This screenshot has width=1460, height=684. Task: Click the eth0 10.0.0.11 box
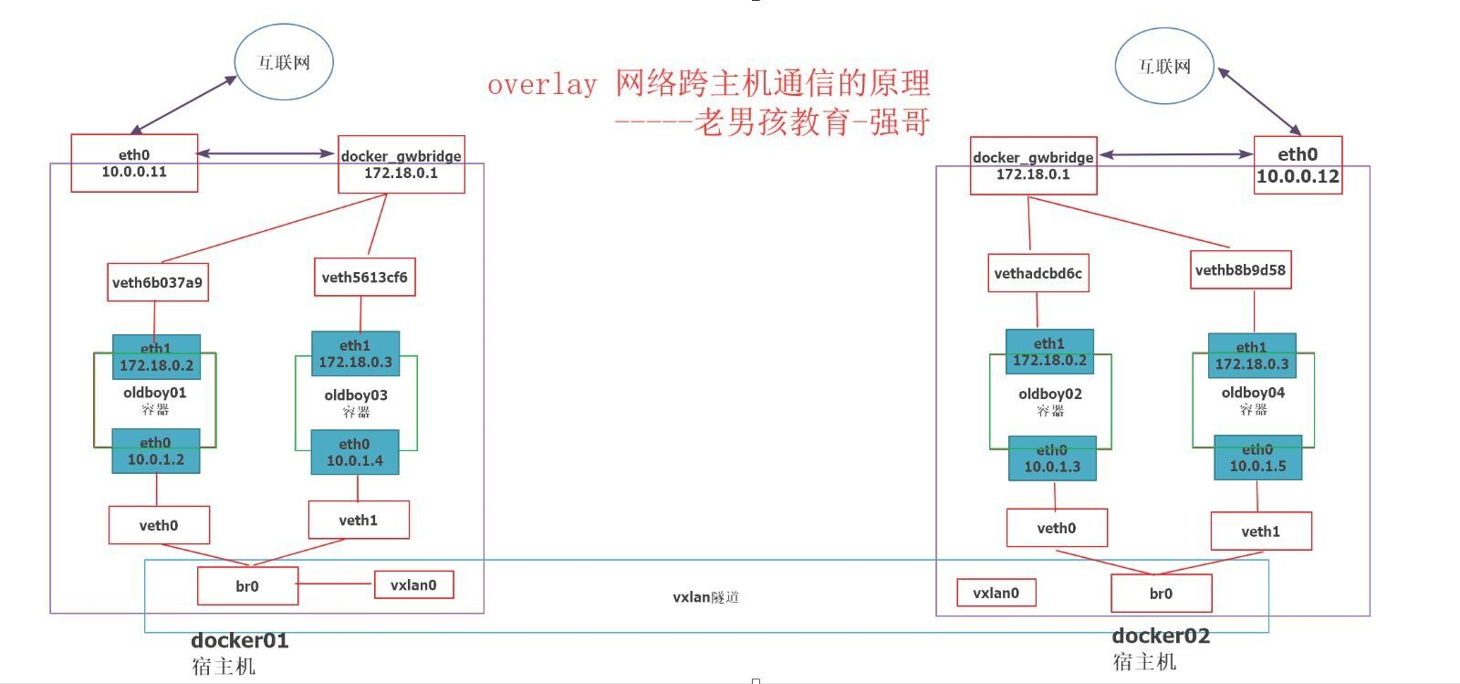(x=134, y=163)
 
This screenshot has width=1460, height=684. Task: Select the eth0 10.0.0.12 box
(x=1298, y=165)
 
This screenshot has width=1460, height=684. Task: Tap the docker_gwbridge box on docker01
(x=401, y=164)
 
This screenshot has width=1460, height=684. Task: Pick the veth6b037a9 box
(x=157, y=282)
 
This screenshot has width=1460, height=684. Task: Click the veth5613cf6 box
(x=364, y=277)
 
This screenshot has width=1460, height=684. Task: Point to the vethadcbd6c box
(x=1038, y=273)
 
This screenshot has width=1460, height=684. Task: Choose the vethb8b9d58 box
(x=1240, y=269)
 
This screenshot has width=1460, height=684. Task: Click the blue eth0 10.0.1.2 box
(x=155, y=451)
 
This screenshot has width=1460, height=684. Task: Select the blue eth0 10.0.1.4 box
(x=355, y=452)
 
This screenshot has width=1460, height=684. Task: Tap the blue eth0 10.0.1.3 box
(x=1051, y=458)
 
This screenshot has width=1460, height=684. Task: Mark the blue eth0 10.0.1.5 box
(x=1257, y=458)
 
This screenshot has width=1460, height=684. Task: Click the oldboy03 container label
(x=356, y=395)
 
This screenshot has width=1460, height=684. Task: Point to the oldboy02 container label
(x=1050, y=395)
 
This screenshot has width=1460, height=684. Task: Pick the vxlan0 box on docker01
(x=413, y=585)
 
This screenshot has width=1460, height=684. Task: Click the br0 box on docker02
(x=1161, y=594)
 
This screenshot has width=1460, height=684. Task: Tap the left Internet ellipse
(x=284, y=62)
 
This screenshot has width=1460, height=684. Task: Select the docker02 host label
(x=1161, y=636)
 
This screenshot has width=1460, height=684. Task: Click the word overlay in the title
(x=542, y=85)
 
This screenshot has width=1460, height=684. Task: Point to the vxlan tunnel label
(x=705, y=597)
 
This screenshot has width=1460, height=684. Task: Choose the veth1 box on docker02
(x=1260, y=531)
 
